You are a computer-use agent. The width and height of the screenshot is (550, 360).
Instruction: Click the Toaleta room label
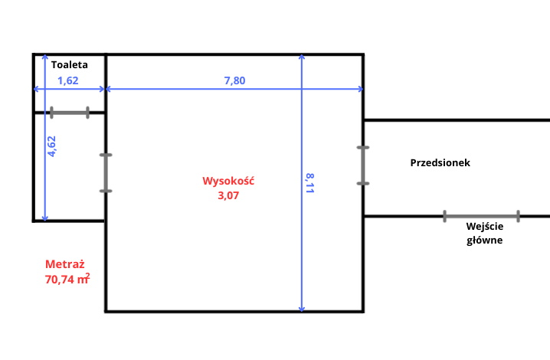point(69,65)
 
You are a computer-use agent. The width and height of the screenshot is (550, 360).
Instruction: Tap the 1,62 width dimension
point(68,80)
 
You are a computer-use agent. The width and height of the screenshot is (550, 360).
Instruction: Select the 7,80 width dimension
point(234,80)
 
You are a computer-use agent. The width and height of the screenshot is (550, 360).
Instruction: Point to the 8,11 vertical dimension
point(310,184)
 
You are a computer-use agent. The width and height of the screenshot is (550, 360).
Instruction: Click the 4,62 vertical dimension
point(52,146)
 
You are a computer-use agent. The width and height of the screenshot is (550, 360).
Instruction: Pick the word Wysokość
point(228,182)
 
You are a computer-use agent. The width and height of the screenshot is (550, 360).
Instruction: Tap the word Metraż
point(65,264)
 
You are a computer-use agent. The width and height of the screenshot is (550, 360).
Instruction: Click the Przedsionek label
point(440,163)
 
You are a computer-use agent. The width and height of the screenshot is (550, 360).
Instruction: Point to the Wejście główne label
point(485,233)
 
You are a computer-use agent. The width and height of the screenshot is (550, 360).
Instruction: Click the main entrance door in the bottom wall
point(481,216)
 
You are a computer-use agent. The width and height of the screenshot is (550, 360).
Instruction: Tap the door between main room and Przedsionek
point(362,165)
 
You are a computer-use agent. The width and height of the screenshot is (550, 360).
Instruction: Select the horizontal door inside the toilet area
point(69,113)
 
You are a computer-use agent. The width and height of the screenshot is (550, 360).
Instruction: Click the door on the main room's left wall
point(106,172)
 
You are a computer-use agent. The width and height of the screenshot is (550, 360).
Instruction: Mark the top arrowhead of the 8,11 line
point(303,57)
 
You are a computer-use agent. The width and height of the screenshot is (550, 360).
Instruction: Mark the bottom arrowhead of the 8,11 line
point(303,308)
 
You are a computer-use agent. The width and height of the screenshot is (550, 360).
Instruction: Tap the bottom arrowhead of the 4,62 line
point(45,218)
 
